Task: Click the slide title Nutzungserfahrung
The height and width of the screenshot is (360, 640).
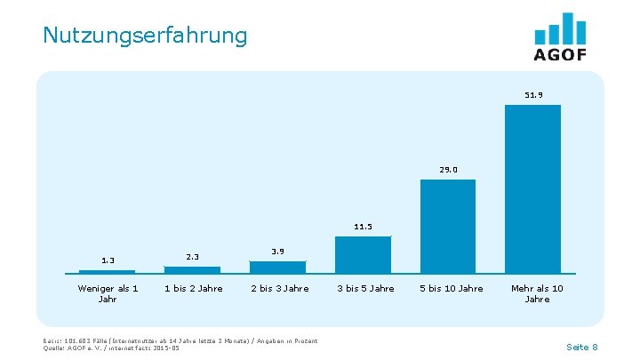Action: pos(145,36)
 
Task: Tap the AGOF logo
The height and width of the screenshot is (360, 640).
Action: pos(560,37)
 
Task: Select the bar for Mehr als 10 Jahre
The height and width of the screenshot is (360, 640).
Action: pos(532,188)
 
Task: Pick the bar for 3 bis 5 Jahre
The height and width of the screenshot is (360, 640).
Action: pos(363,254)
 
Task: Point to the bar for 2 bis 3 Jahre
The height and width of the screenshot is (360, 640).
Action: pos(277,267)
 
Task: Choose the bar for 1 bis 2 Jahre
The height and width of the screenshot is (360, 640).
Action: pos(192,269)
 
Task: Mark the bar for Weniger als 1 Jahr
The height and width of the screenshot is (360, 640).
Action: pos(108,271)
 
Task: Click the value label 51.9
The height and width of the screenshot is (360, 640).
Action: pos(533,94)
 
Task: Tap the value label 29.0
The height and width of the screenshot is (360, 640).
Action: pos(448,169)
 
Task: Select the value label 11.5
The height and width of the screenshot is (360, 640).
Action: pos(363,227)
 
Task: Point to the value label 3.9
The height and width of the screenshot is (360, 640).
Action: pos(277,252)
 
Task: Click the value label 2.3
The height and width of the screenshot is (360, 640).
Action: pos(192,257)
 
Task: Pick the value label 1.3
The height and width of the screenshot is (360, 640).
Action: pos(108,260)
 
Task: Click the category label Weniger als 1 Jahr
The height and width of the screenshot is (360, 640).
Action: pos(108,293)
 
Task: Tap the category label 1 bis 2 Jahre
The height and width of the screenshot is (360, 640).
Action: pos(193,288)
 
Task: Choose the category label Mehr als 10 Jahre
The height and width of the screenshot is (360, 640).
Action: pos(537,293)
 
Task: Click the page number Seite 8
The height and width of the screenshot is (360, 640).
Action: pos(581,346)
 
